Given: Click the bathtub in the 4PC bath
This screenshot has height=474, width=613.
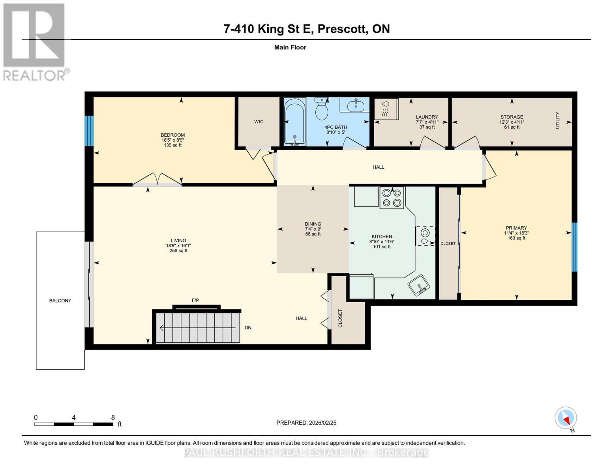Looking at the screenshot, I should coord(294,122).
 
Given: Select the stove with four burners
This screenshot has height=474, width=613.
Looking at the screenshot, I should coord(392,197).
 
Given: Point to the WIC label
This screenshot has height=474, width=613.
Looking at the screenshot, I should coord(259,122).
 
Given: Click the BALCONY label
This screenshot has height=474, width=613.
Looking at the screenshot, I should coord(60,301).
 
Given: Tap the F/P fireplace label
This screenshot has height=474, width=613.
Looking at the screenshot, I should coord(195,300).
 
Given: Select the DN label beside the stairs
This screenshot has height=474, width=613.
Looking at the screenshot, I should coord(248,327).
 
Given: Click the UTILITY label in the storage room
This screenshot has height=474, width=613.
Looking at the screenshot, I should coord(558,120).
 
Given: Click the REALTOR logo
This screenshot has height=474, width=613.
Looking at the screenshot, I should coord(35,42).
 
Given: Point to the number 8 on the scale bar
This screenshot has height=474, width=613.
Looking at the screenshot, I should coord(113,418).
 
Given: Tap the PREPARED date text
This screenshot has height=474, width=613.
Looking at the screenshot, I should coord(306,423).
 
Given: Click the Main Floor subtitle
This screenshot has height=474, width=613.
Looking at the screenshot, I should coord(290,47).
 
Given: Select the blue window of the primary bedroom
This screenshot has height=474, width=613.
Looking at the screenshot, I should coord(574,247).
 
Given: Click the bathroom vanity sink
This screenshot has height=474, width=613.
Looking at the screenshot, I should coord(356,105).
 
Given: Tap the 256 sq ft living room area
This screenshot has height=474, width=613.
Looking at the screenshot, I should coord(178,250).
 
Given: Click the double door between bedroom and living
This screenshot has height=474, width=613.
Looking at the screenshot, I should coord(157,181).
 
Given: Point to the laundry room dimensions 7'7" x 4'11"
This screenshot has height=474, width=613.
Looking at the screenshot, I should coord(427,122).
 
